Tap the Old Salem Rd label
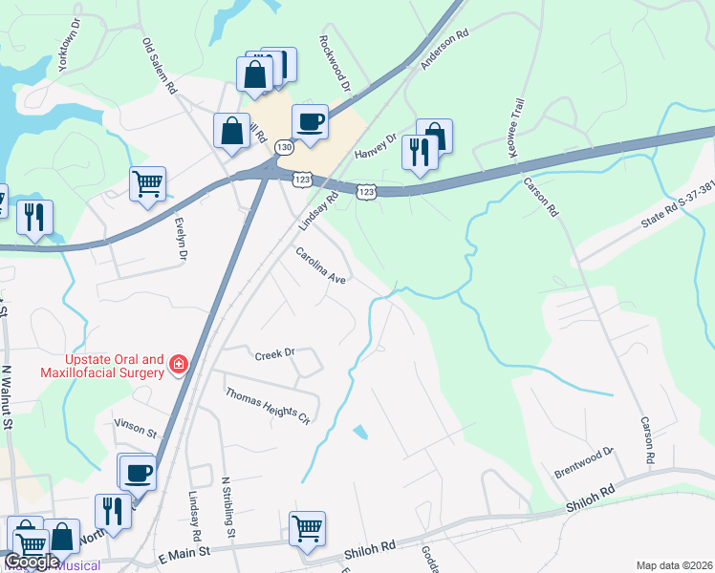(161, 65)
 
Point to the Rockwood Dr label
(336, 63)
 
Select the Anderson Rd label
(445, 49)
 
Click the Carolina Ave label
(319, 265)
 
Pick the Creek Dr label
(275, 354)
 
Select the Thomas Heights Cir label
(268, 406)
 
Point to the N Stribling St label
(227, 509)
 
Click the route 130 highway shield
(284, 148)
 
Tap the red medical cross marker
(178, 364)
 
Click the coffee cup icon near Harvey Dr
(310, 122)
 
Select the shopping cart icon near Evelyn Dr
(147, 183)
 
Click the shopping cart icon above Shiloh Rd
(307, 528)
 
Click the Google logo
(32, 562)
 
